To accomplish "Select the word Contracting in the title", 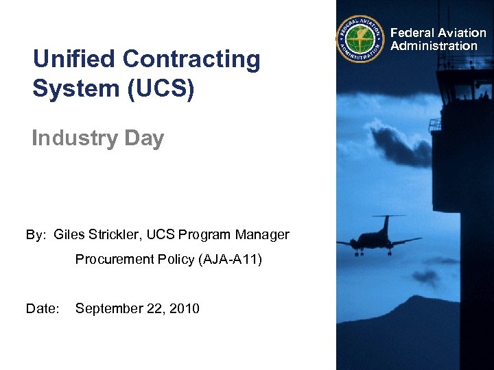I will point(193,60).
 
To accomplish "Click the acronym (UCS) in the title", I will point(161,89).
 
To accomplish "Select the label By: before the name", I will point(36,235).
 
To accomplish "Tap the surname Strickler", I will point(115,235).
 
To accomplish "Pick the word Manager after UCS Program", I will point(263,235).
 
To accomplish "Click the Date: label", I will point(41,309).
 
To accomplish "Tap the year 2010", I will point(184,309).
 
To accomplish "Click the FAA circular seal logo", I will point(361,40).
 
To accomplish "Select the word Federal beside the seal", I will point(412,33).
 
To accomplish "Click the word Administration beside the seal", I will point(434,46).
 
